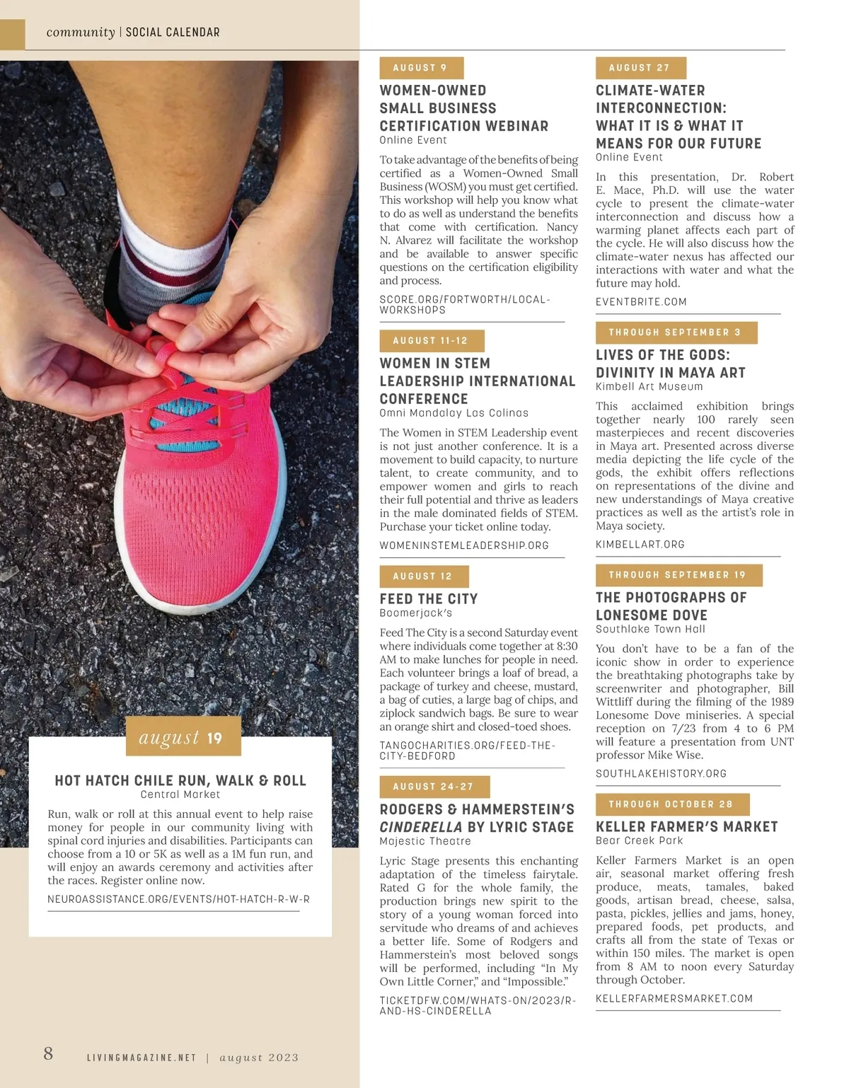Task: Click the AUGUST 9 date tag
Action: pos(421,68)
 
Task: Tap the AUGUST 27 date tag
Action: pos(640,68)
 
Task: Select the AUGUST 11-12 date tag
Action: pos(432,341)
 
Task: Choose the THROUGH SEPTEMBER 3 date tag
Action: pos(676,332)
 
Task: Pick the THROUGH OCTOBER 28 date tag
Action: pos(671,804)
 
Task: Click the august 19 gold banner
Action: pos(183,737)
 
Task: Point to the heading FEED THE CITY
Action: pos(429,598)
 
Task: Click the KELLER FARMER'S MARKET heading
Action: pos(686,826)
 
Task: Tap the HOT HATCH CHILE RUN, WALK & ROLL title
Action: pos(180,780)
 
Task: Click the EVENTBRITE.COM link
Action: pos(641,302)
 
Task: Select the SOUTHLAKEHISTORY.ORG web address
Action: pos(661,774)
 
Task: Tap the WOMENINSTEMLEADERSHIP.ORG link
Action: pos(464,545)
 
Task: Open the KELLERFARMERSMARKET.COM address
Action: pos(674,999)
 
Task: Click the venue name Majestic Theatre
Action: pos(425,841)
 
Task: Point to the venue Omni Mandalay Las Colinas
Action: pos(454,413)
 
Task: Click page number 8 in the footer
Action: pos(48,1053)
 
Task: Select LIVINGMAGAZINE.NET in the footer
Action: pos(141,1058)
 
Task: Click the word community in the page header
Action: pos(81,33)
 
